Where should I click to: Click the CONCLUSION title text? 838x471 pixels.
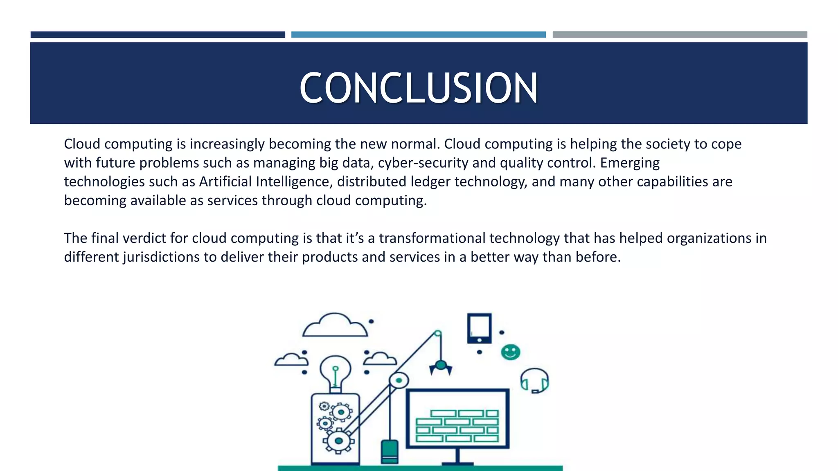(x=419, y=87)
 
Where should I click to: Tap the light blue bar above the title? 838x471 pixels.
(x=418, y=35)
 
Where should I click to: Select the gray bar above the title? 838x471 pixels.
(x=680, y=35)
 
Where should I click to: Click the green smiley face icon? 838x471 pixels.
(x=510, y=352)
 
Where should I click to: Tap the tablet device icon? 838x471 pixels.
(x=479, y=328)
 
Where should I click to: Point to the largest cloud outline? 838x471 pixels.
(x=335, y=326)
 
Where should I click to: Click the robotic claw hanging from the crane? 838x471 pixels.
(x=440, y=367)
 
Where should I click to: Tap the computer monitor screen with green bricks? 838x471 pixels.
(x=457, y=418)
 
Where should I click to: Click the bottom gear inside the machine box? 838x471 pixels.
(x=338, y=441)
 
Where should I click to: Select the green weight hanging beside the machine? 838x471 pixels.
(x=390, y=451)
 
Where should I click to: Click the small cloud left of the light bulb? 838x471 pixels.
(x=291, y=360)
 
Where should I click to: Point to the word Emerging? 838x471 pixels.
(x=630, y=163)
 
